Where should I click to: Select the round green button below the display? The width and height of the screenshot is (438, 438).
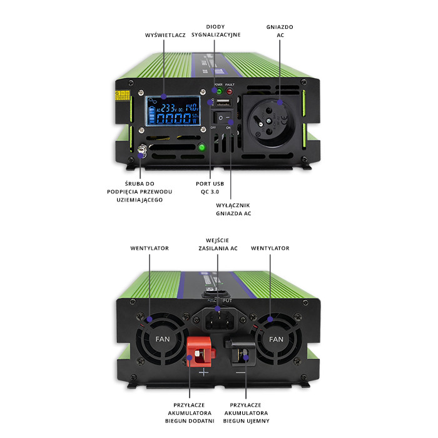pos(201,148)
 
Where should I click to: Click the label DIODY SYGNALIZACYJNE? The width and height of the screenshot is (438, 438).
pos(224,31)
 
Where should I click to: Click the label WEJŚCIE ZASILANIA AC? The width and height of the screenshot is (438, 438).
pos(217,243)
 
